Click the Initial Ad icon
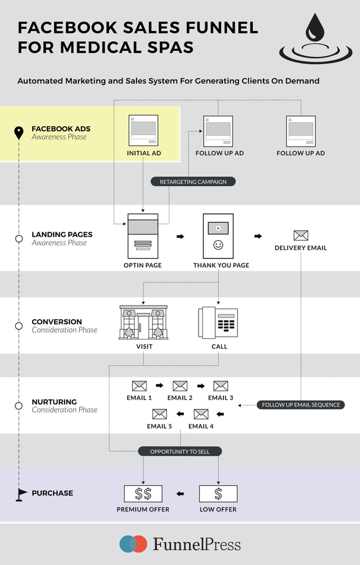coord(143,131)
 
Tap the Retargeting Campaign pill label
coord(192,182)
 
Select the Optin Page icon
coord(143,236)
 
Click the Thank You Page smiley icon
coord(218,245)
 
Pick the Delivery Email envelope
coord(301,235)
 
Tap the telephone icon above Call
coord(218,323)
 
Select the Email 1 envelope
coord(139,386)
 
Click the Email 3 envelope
coord(221,386)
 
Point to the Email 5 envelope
coord(160,414)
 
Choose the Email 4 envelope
coord(201,414)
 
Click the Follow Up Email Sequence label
coord(301,404)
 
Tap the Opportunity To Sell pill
coord(180,451)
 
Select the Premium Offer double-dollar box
coord(143,494)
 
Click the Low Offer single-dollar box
coord(218,494)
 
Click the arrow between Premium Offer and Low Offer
coord(180,494)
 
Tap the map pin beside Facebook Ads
coord(19,133)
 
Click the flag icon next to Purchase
coord(21,494)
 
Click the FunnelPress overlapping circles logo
coord(133,544)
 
